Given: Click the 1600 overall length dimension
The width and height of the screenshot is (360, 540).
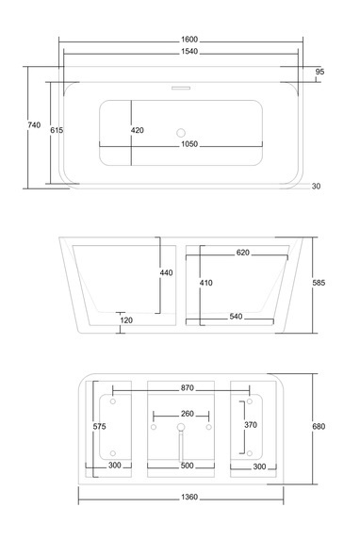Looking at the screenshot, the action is [189, 40].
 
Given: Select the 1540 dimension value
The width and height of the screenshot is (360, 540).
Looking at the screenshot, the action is [189, 51].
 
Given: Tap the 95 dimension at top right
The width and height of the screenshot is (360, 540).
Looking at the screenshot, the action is [319, 72].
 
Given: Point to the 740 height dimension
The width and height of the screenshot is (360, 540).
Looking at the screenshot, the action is [34, 125].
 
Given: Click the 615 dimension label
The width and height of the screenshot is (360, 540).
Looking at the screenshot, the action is [57, 130].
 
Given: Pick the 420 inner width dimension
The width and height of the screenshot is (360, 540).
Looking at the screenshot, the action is [137, 130].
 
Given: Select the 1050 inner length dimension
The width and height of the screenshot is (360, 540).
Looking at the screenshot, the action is [189, 144].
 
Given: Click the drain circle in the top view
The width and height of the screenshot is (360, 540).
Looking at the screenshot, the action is [181, 133].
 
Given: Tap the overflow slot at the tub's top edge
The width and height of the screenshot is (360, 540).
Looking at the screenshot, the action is [181, 88].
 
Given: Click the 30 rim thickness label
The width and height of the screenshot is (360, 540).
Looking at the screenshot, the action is [316, 186].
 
